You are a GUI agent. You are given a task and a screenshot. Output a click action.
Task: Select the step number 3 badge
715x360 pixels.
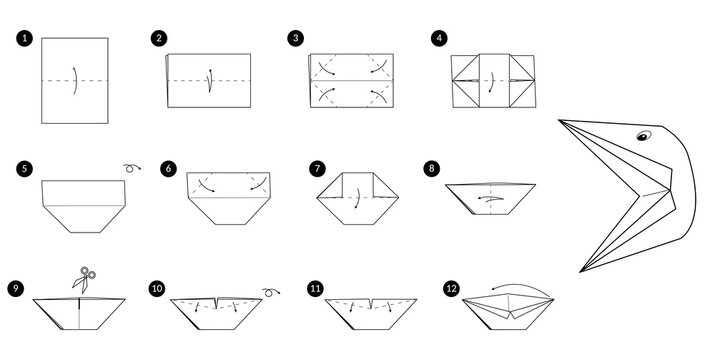294,39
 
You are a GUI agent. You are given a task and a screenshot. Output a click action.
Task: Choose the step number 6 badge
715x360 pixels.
168,168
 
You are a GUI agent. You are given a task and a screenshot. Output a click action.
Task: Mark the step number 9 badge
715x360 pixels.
15,289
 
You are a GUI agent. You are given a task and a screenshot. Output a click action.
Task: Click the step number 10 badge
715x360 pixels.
157,289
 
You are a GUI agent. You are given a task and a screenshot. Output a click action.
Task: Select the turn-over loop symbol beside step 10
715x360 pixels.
269,291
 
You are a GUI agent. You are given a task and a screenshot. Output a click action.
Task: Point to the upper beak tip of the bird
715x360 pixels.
560,120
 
